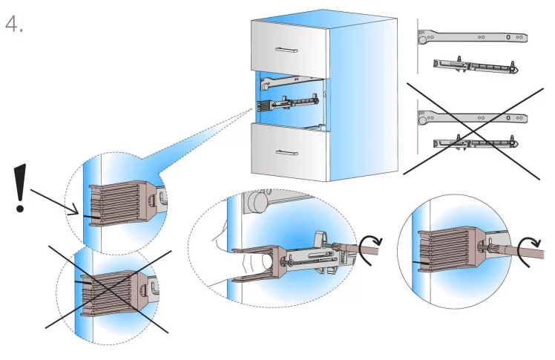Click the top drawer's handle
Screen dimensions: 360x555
click(x=286, y=50)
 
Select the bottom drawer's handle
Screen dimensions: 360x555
click(x=286, y=152)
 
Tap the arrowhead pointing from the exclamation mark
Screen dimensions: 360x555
click(x=76, y=213)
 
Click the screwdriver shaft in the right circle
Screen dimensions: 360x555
click(x=519, y=255)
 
